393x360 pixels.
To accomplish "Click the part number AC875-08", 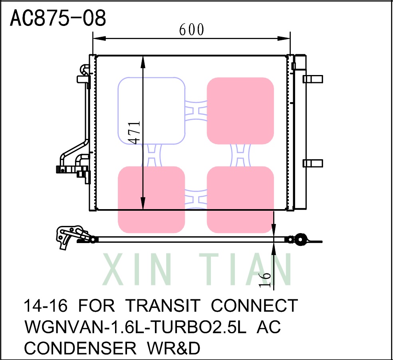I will (x=58, y=18).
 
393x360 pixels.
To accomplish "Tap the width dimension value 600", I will (x=191, y=29).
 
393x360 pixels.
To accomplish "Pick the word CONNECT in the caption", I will (x=254, y=306).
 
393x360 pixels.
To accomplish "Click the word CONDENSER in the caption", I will (x=80, y=348).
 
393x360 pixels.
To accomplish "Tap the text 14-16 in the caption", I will (x=45, y=306).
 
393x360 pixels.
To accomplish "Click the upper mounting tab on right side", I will (x=312, y=79).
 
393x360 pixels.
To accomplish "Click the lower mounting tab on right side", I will (x=312, y=163).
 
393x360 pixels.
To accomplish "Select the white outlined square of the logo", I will (x=151, y=111).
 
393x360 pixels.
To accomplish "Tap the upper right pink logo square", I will (x=240, y=111).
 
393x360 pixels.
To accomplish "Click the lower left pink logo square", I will (x=151, y=200).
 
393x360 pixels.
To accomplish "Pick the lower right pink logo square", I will (x=240, y=200).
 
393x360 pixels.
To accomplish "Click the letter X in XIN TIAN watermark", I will (x=115, y=270).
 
